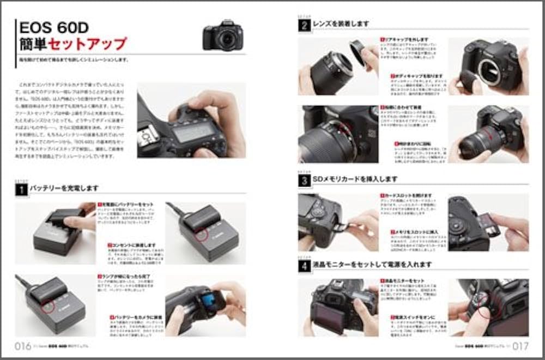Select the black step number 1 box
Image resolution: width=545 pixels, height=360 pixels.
tap(21, 190)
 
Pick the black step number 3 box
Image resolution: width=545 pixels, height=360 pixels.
tap(304, 181)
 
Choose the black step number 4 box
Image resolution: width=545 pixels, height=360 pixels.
tap(304, 266)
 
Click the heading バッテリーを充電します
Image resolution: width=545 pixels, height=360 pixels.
tap(64, 188)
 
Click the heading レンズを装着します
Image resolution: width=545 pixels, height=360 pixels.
tap(340, 24)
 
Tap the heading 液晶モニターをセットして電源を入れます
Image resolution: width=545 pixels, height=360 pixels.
tap(372, 265)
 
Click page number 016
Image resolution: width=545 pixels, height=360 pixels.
tap(22, 346)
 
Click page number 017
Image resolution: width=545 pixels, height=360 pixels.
tap(520, 346)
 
